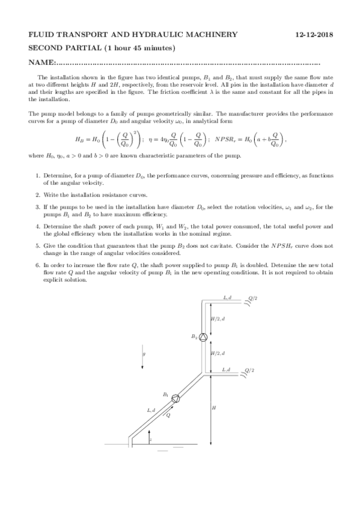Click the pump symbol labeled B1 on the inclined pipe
(176, 398)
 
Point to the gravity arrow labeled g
(142, 355)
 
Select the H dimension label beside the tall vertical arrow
(215, 408)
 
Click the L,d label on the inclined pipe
(151, 410)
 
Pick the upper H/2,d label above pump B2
(218, 318)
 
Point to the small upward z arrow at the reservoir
(150, 437)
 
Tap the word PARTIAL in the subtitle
(84, 48)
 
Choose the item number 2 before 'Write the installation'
(37, 194)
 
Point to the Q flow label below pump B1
(169, 414)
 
